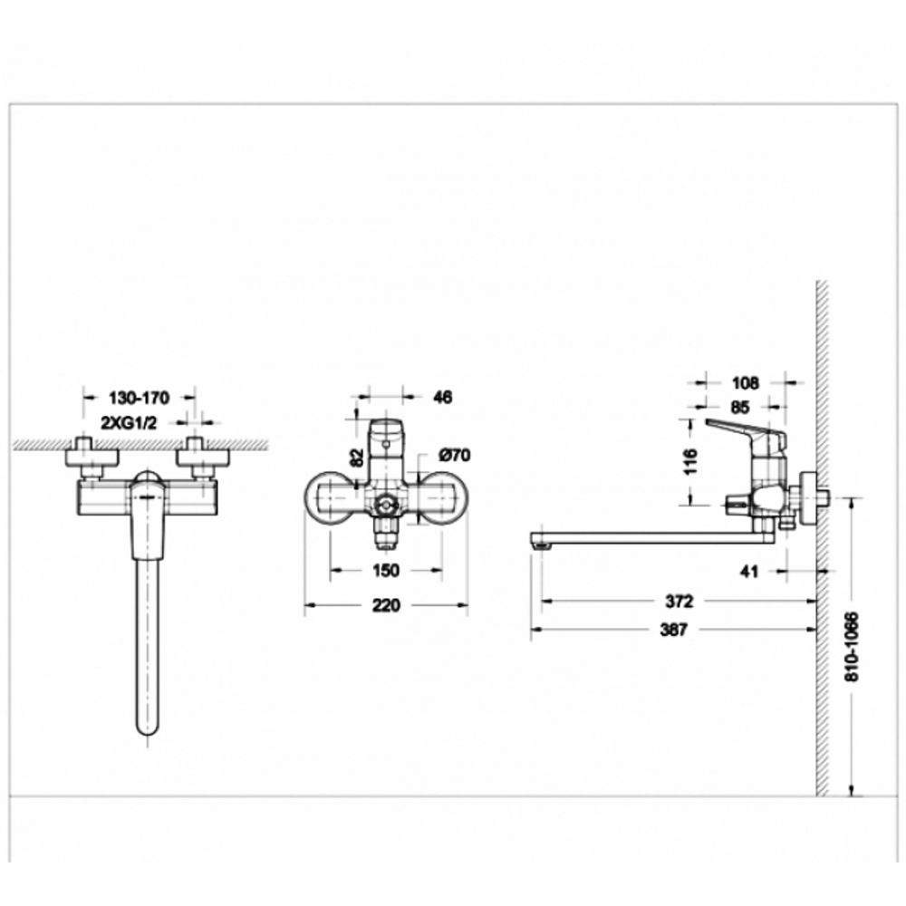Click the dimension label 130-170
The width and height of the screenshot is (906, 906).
pos(139,398)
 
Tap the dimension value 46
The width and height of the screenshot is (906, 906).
pos(441,397)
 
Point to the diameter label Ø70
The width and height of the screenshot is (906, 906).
pos(454,455)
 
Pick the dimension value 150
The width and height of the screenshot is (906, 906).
pos(386,571)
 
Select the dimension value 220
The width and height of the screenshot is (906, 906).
pos(386,605)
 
